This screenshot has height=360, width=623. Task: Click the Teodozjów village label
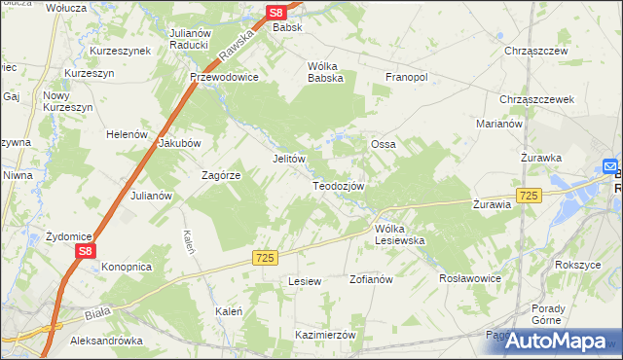pyautogui.click(x=338, y=186)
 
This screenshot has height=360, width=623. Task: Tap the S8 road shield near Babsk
pyautogui.click(x=276, y=13)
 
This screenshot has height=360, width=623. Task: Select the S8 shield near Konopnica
pyautogui.click(x=86, y=251)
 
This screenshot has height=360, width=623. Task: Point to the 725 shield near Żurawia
pyautogui.click(x=529, y=196)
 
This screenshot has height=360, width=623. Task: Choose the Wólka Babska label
pyautogui.click(x=326, y=73)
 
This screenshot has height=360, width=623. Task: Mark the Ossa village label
pyautogui.click(x=383, y=144)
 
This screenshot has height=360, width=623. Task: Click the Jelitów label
pyautogui.click(x=289, y=159)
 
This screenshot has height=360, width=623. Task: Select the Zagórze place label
pyautogui.click(x=221, y=175)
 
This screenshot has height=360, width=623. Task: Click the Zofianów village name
pyautogui.click(x=370, y=279)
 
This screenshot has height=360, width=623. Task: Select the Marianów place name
pyautogui.click(x=500, y=125)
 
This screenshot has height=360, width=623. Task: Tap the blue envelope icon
pyautogui.click(x=610, y=166)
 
